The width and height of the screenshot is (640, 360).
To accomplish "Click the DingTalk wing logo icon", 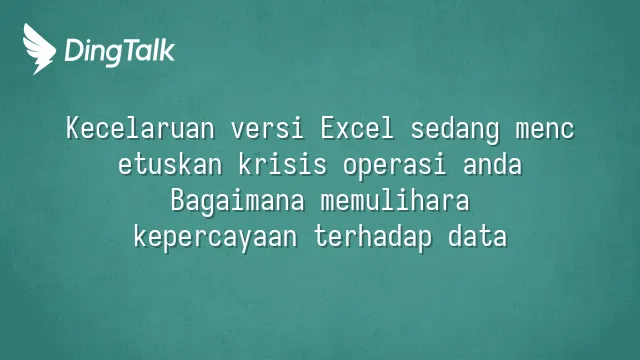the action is tap(39, 49).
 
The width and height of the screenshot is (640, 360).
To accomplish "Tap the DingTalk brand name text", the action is tap(120, 51).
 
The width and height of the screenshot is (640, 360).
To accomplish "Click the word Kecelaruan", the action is tap(140, 128).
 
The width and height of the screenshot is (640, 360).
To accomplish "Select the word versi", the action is tap(267, 128).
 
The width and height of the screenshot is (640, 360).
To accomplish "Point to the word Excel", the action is tap(358, 128).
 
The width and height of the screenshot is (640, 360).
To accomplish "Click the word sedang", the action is tap(455, 131).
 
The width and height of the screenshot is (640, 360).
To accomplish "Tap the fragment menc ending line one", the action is tap(545, 131).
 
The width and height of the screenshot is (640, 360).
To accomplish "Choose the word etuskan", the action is tap(170, 164).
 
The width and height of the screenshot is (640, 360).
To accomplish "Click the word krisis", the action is tap(282, 164).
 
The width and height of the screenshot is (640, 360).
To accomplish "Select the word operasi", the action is tap(394, 167).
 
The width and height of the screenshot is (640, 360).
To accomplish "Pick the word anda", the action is tap(493, 164).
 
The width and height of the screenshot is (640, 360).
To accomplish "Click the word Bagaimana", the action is tap(238, 202).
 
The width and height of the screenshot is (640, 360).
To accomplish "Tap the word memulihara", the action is tap(395, 200).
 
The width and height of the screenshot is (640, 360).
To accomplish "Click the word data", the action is tap(478, 236).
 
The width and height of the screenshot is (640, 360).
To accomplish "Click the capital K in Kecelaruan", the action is tap(73, 128).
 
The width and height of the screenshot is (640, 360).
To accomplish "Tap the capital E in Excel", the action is tap(328, 128).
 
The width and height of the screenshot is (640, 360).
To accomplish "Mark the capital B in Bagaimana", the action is tap(178, 200).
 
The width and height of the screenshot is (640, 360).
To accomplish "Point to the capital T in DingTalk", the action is tap(130, 50).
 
